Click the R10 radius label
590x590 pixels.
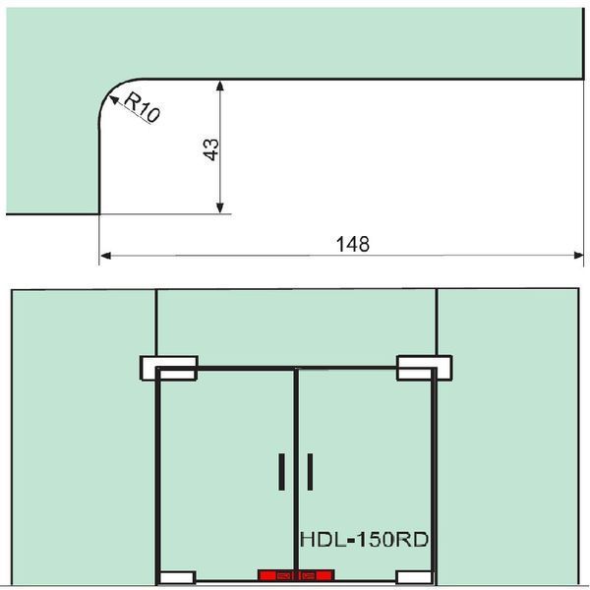tap(143, 108)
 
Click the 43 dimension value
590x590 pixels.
tap(210, 149)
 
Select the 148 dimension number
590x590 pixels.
tap(353, 244)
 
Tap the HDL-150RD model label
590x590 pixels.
tap(364, 539)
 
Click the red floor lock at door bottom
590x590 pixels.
tap(296, 575)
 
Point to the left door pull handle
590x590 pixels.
tap(281, 472)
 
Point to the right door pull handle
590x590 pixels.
tap(310, 472)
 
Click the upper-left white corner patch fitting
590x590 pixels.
tap(169, 368)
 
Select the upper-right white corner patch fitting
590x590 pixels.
tap(425, 368)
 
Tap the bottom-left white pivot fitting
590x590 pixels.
tap(177, 577)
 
